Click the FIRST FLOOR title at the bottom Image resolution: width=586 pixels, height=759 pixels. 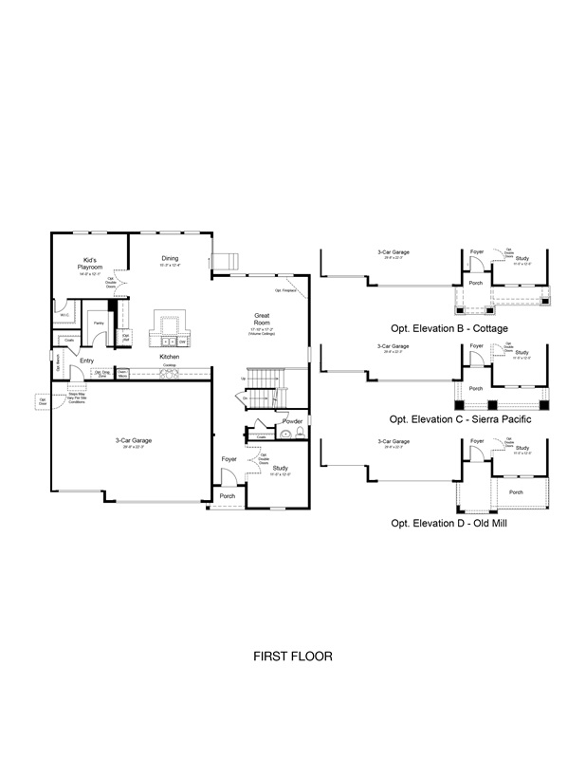(292, 656)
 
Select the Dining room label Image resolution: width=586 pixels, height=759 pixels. (169, 258)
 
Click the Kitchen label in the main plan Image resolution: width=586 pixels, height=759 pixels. (170, 357)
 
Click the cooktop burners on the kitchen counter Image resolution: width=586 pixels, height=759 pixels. (171, 374)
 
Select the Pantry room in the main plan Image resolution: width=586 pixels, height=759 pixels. (98, 324)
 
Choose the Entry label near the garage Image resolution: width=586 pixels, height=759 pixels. (86, 361)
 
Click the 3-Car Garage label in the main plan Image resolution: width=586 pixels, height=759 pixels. (134, 440)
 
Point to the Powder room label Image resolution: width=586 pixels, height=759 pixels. (292, 420)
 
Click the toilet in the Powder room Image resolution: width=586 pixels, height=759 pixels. (299, 434)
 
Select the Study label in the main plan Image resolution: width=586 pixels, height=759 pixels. (280, 468)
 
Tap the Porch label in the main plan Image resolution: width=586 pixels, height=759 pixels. (228, 496)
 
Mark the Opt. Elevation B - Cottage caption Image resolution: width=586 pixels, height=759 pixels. (449, 328)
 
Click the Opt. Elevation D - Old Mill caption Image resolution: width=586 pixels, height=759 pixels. (449, 522)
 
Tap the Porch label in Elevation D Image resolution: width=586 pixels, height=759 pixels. (515, 492)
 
